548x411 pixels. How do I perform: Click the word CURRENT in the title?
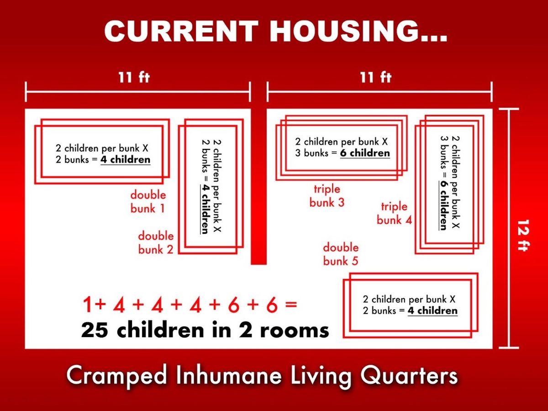[181, 31]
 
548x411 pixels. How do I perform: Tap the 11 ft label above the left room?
[134, 77]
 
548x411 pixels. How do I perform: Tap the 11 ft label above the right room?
[376, 77]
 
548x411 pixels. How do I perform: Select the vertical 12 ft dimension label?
[523, 235]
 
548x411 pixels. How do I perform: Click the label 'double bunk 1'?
[148, 202]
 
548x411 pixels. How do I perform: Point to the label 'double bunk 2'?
[156, 242]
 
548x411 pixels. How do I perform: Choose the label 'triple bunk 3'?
[327, 195]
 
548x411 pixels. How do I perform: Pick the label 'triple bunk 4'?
[394, 213]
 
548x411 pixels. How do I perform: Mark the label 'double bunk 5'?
[341, 254]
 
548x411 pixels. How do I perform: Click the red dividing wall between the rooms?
[258, 186]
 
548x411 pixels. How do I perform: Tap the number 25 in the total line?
[95, 330]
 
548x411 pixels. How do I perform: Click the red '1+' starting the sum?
[95, 305]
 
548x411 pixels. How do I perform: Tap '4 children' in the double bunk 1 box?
[125, 160]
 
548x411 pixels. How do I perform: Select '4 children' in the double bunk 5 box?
[432, 311]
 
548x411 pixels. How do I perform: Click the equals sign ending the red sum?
[291, 305]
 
